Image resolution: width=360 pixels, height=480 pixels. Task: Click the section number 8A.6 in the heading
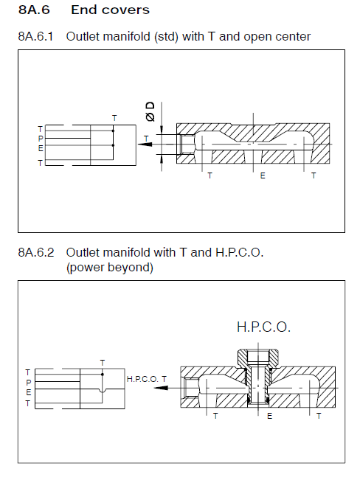pos(34,10)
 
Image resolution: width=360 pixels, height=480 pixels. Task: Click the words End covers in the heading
pos(111,10)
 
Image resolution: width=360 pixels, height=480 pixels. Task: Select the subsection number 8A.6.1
pos(35,36)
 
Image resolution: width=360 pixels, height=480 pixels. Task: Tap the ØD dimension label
pos(150,112)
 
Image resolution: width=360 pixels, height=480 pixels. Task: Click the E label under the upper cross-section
pos(263,175)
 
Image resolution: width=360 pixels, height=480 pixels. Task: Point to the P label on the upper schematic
pos(41,139)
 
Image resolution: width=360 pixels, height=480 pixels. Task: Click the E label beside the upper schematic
pos(41,148)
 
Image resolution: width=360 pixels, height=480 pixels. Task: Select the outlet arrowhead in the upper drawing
pos(145,145)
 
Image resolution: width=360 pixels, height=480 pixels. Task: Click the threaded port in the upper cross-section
pos(187,144)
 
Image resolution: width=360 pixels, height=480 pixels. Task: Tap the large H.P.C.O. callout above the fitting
pos(263,327)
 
